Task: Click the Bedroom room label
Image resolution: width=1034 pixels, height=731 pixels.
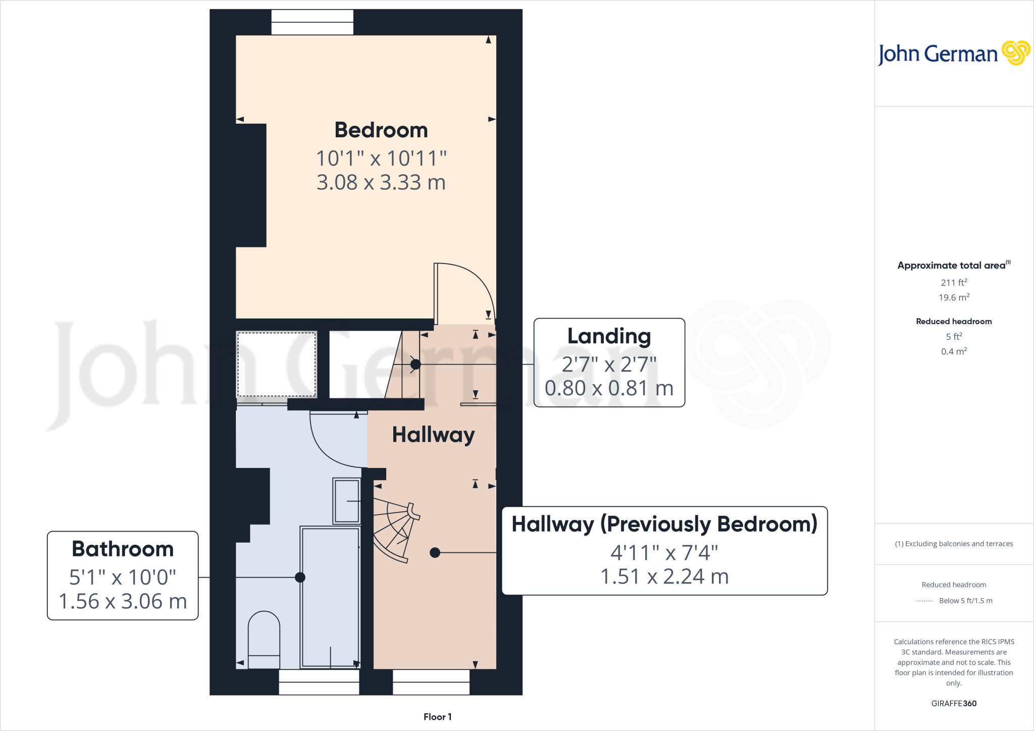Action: click(381, 130)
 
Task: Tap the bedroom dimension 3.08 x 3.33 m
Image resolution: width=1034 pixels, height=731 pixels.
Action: click(381, 182)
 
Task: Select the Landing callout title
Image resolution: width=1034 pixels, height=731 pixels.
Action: click(609, 336)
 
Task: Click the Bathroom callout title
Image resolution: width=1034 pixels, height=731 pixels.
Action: click(123, 549)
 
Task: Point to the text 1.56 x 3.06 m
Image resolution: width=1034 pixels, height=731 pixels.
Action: click(123, 601)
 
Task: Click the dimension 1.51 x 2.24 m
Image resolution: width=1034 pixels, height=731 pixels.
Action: click(664, 577)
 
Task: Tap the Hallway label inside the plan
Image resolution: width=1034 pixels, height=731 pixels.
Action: click(433, 435)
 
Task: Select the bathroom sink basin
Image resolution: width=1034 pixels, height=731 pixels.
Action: click(347, 501)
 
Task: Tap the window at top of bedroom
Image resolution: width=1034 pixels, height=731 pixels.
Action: click(312, 22)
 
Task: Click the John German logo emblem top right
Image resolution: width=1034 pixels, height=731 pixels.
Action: click(1015, 53)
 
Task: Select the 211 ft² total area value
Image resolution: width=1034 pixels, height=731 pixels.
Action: click(954, 283)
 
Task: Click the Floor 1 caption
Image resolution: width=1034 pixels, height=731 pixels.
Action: click(437, 717)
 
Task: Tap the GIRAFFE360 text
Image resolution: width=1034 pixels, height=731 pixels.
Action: click(954, 703)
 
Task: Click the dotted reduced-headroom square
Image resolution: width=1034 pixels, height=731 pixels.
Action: click(277, 364)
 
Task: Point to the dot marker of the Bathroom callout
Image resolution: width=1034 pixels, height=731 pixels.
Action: click(300, 577)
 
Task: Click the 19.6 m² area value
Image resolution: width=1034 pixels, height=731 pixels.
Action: click(954, 297)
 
